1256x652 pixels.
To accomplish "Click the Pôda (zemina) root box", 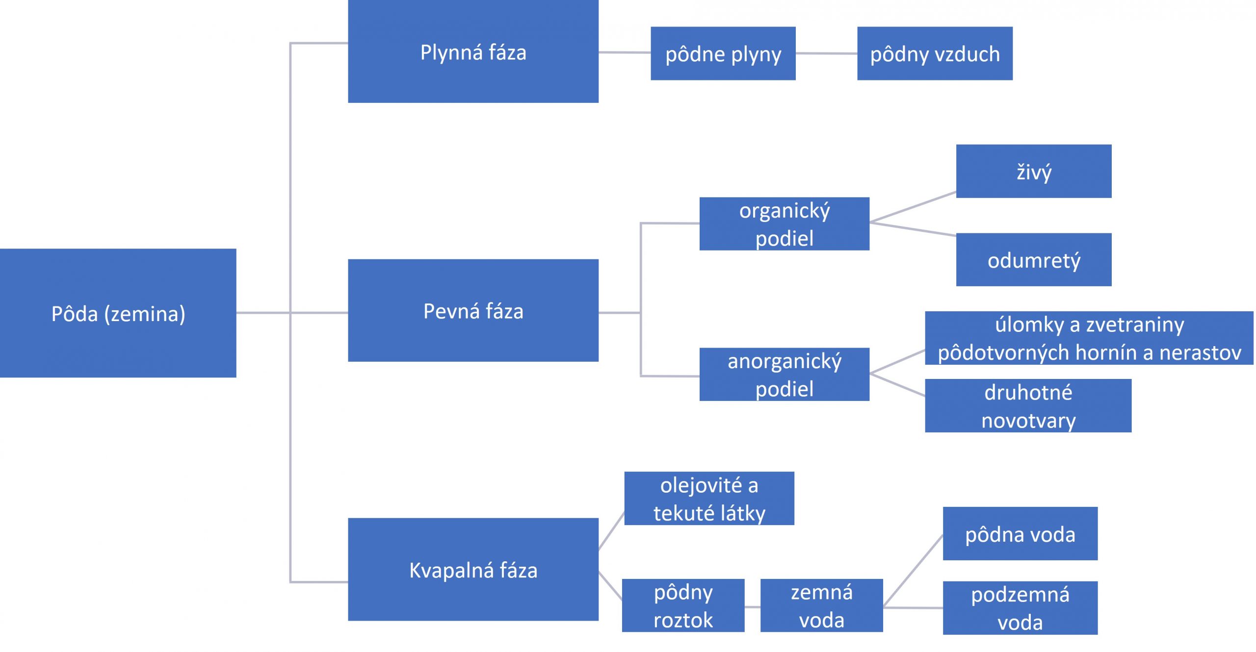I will click(x=118, y=313).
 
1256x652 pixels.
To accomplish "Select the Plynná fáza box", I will click(x=473, y=51).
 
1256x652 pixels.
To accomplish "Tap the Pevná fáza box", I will click(x=473, y=310).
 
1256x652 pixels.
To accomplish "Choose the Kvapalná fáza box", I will click(x=473, y=569).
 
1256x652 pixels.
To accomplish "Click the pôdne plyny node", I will click(x=723, y=53).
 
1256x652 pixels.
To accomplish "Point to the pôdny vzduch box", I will click(x=935, y=53).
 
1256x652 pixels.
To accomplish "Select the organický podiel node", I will click(x=784, y=224).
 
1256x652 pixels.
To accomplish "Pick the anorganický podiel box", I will click(x=784, y=375).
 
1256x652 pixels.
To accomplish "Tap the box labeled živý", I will click(x=1033, y=171).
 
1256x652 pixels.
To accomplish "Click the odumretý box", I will click(x=1033, y=260).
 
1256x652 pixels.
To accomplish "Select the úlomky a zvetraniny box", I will click(x=1089, y=338).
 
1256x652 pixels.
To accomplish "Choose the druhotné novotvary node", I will click(x=1028, y=406).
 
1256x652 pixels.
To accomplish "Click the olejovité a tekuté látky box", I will click(x=709, y=499).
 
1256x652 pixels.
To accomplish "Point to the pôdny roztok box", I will click(x=683, y=605).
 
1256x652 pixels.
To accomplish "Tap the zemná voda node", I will click(x=821, y=605).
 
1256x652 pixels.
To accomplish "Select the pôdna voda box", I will click(x=1020, y=534).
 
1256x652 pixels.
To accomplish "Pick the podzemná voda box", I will click(x=1020, y=608).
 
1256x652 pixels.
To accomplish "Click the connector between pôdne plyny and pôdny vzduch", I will click(x=826, y=53).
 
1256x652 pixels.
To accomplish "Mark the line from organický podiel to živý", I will click(x=913, y=207).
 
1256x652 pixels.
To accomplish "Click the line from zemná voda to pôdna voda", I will click(x=913, y=571).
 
